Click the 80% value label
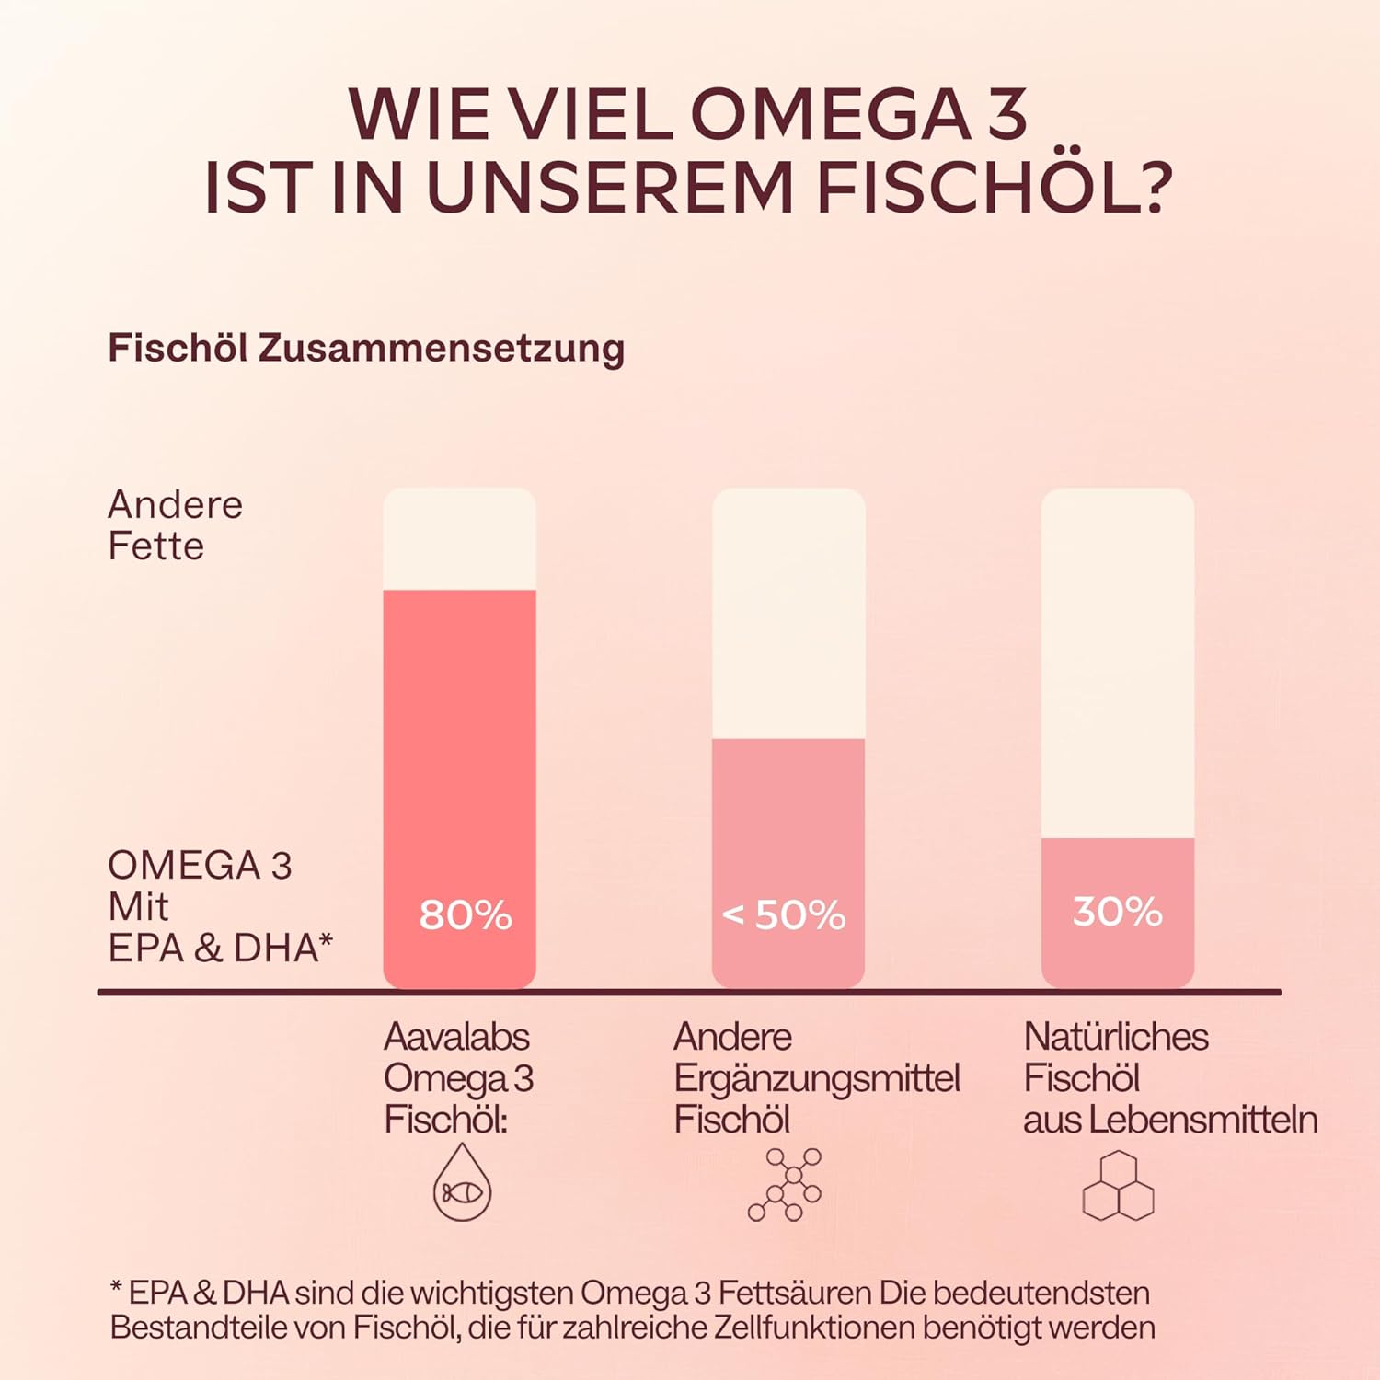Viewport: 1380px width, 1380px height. pyautogui.click(x=465, y=914)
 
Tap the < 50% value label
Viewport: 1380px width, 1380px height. pyautogui.click(x=784, y=914)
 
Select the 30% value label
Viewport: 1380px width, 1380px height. pyautogui.click(x=1117, y=911)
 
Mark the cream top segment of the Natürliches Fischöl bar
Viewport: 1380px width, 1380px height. pyautogui.click(x=1117, y=662)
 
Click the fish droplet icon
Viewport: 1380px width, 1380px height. pyautogui.click(x=462, y=1183)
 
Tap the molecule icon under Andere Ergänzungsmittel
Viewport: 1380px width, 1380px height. pyautogui.click(x=785, y=1184)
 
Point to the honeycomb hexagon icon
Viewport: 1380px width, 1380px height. pyautogui.click(x=1118, y=1186)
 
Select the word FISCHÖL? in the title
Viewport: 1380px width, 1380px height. pyautogui.click(x=994, y=187)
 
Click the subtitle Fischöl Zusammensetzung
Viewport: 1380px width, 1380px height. pyautogui.click(x=366, y=348)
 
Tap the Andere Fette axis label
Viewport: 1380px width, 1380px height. pyautogui.click(x=175, y=524)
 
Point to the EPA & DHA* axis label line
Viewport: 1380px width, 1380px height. pyautogui.click(x=220, y=948)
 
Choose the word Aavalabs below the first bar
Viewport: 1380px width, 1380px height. pyautogui.click(x=456, y=1037)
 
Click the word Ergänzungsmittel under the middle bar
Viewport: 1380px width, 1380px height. pyautogui.click(x=817, y=1078)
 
